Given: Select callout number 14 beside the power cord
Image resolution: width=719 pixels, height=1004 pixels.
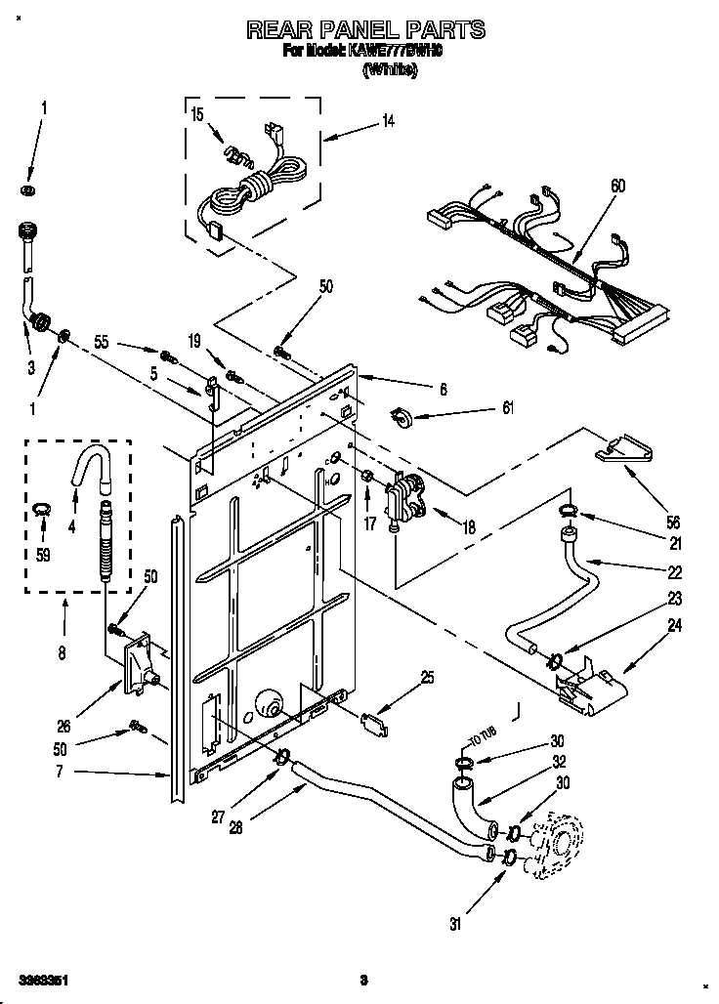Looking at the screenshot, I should (x=388, y=121).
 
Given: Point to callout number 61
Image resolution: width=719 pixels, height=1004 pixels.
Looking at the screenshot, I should (x=507, y=409).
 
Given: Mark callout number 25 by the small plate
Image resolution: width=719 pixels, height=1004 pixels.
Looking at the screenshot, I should (x=428, y=677).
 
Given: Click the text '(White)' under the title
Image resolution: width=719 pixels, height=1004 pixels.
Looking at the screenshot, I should (x=390, y=69).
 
